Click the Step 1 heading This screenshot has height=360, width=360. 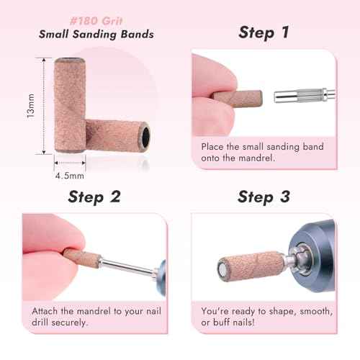pyautogui.click(x=265, y=32)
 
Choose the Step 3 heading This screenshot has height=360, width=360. pyautogui.click(x=265, y=197)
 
